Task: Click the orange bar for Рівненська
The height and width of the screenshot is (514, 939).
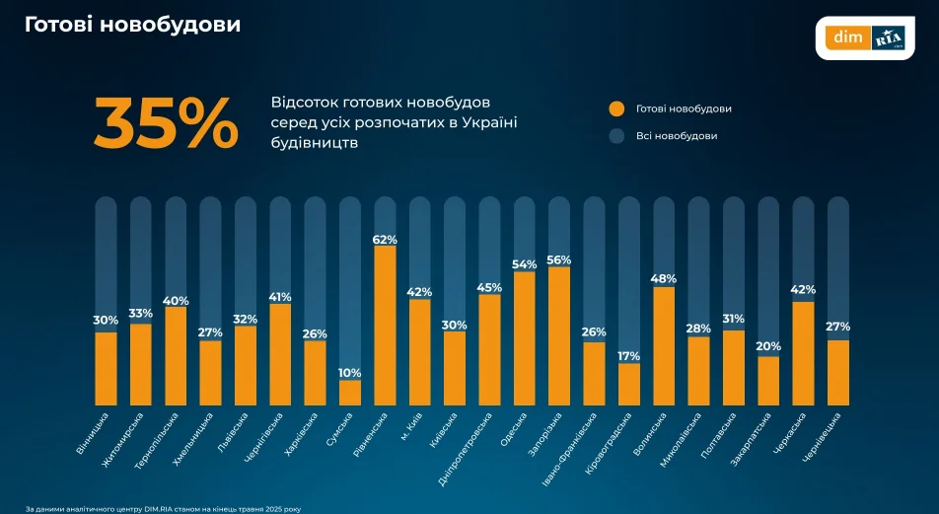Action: pos(385,325)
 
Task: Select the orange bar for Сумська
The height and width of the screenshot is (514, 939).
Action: pos(350,393)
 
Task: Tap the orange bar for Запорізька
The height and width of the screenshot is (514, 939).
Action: pos(559,335)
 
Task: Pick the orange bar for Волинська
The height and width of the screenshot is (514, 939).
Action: pos(664,345)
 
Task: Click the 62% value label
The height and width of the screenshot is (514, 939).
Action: pos(385,240)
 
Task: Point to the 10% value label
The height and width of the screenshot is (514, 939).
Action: pos(350,373)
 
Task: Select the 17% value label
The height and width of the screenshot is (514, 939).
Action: pos(629,356)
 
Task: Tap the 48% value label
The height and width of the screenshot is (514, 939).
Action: pos(664,279)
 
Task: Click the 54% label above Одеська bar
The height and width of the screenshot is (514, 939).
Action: pos(525,264)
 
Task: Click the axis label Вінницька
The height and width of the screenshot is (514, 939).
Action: pos(94,434)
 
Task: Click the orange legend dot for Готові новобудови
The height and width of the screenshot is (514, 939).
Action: pos(617,110)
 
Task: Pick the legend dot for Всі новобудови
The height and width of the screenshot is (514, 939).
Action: pos(617,136)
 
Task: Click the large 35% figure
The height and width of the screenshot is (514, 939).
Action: pos(166,123)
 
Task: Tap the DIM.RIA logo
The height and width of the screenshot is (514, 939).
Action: pos(865,37)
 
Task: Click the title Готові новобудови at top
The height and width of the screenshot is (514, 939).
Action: pos(132,24)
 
